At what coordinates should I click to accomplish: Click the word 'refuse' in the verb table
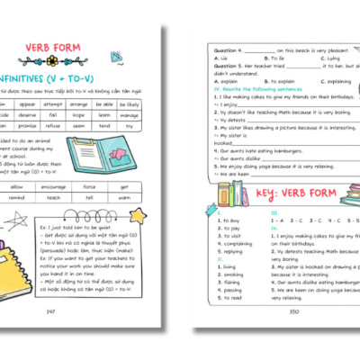[78, 126]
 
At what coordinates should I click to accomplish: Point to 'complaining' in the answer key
[234, 243]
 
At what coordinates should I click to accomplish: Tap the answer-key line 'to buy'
[229, 220]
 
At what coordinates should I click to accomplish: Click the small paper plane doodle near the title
[116, 56]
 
